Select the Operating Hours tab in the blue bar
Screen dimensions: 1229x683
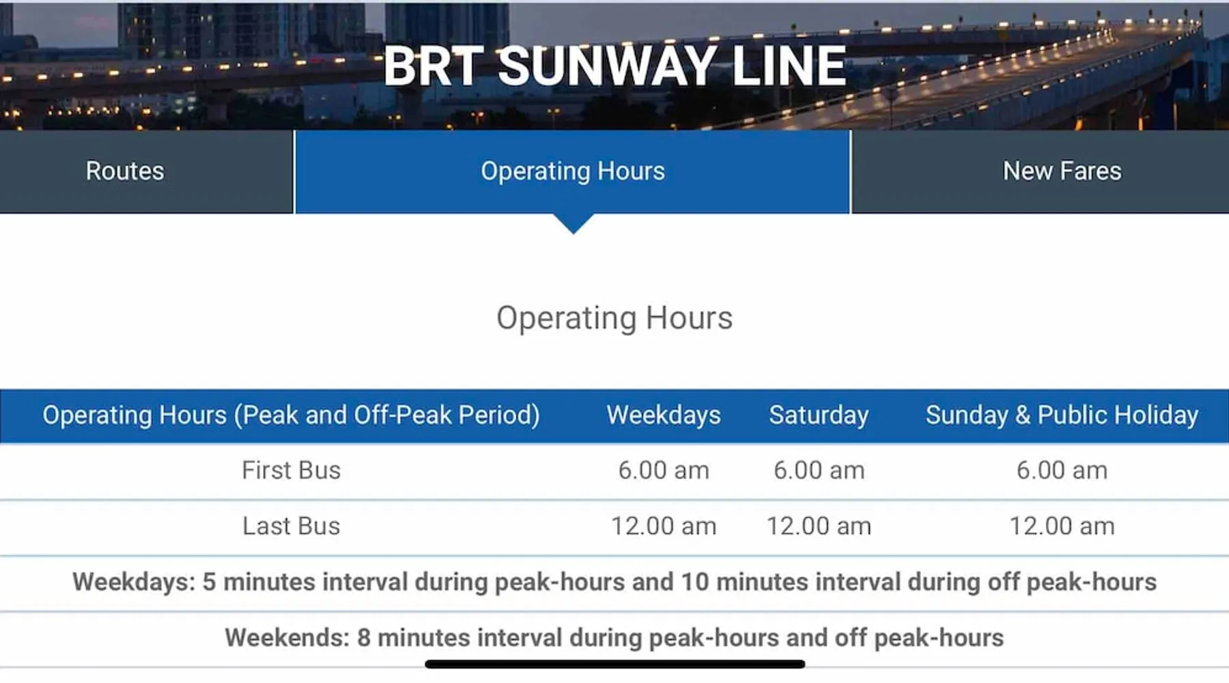tap(573, 171)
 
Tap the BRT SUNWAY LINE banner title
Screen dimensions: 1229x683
tap(614, 66)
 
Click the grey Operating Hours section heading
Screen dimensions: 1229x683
tap(614, 318)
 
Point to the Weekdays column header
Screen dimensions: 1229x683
tap(664, 415)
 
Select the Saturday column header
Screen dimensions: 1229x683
tap(819, 415)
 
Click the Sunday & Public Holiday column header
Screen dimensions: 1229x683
tap(1062, 415)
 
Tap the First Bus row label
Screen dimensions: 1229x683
tap(291, 471)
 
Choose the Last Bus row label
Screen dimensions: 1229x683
tap(291, 527)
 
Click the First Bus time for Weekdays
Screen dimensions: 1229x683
tap(664, 471)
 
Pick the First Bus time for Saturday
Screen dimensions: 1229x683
tap(819, 471)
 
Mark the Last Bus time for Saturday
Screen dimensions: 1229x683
tap(819, 527)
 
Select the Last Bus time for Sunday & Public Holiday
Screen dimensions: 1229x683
tap(1062, 527)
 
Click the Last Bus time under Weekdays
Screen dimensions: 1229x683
tap(664, 527)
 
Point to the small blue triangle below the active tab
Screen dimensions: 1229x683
tap(574, 222)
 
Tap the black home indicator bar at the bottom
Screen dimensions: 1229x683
tap(614, 664)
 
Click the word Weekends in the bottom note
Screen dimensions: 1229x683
tap(287, 638)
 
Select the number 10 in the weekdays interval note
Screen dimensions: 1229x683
tap(695, 582)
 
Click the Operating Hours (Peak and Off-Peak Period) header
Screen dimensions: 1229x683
tap(291, 415)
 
